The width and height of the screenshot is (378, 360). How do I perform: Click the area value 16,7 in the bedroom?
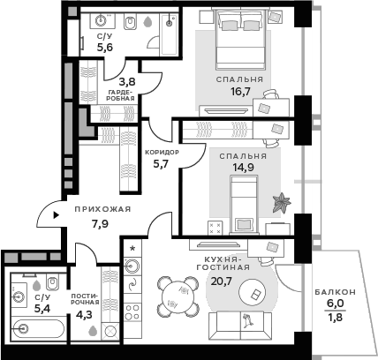[239, 91]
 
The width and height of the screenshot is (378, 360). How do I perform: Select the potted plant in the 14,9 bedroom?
[283, 202]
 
